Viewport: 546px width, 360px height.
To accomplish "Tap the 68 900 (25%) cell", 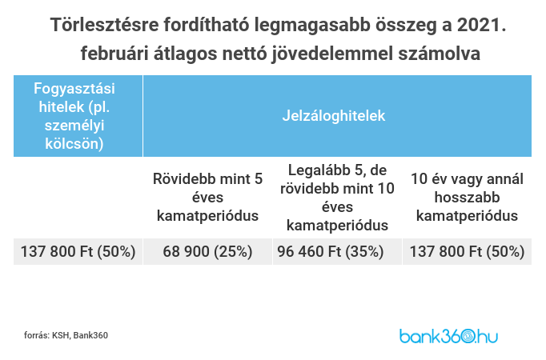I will click(x=208, y=251).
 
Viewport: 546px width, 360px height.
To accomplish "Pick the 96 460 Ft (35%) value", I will click(x=337, y=251).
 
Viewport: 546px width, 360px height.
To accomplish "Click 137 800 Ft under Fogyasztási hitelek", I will click(x=78, y=251).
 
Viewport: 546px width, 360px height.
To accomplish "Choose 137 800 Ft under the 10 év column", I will click(x=467, y=251).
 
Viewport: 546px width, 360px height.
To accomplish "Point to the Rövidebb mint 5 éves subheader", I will click(x=208, y=197).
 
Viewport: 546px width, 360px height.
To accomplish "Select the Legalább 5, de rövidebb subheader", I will click(x=337, y=197).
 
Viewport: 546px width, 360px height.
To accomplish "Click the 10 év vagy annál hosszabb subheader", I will click(x=467, y=197).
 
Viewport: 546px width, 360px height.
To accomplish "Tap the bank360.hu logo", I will click(x=448, y=335).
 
